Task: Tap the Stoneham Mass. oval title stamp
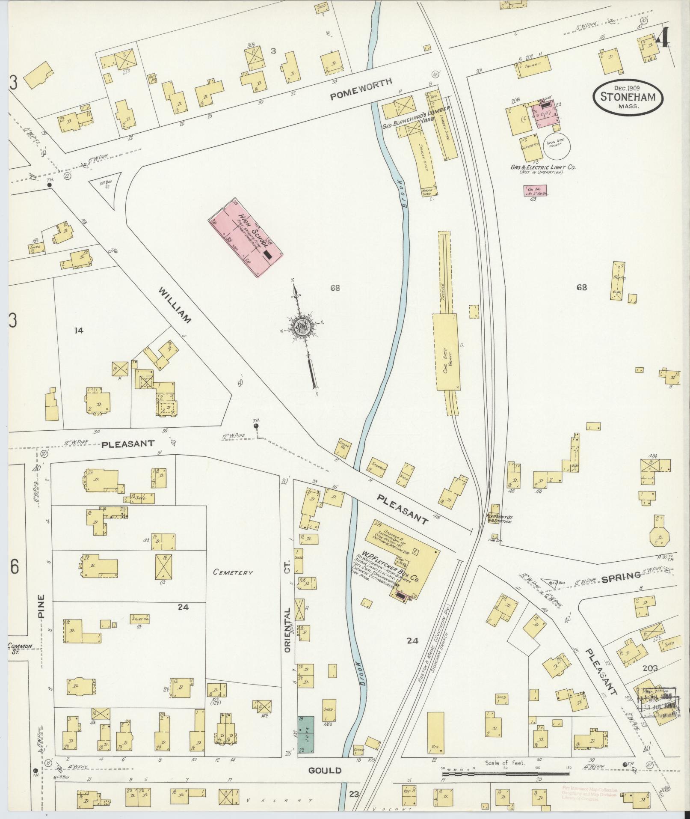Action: [x=627, y=97]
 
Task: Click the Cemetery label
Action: [x=233, y=573]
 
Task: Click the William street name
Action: [x=175, y=306]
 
